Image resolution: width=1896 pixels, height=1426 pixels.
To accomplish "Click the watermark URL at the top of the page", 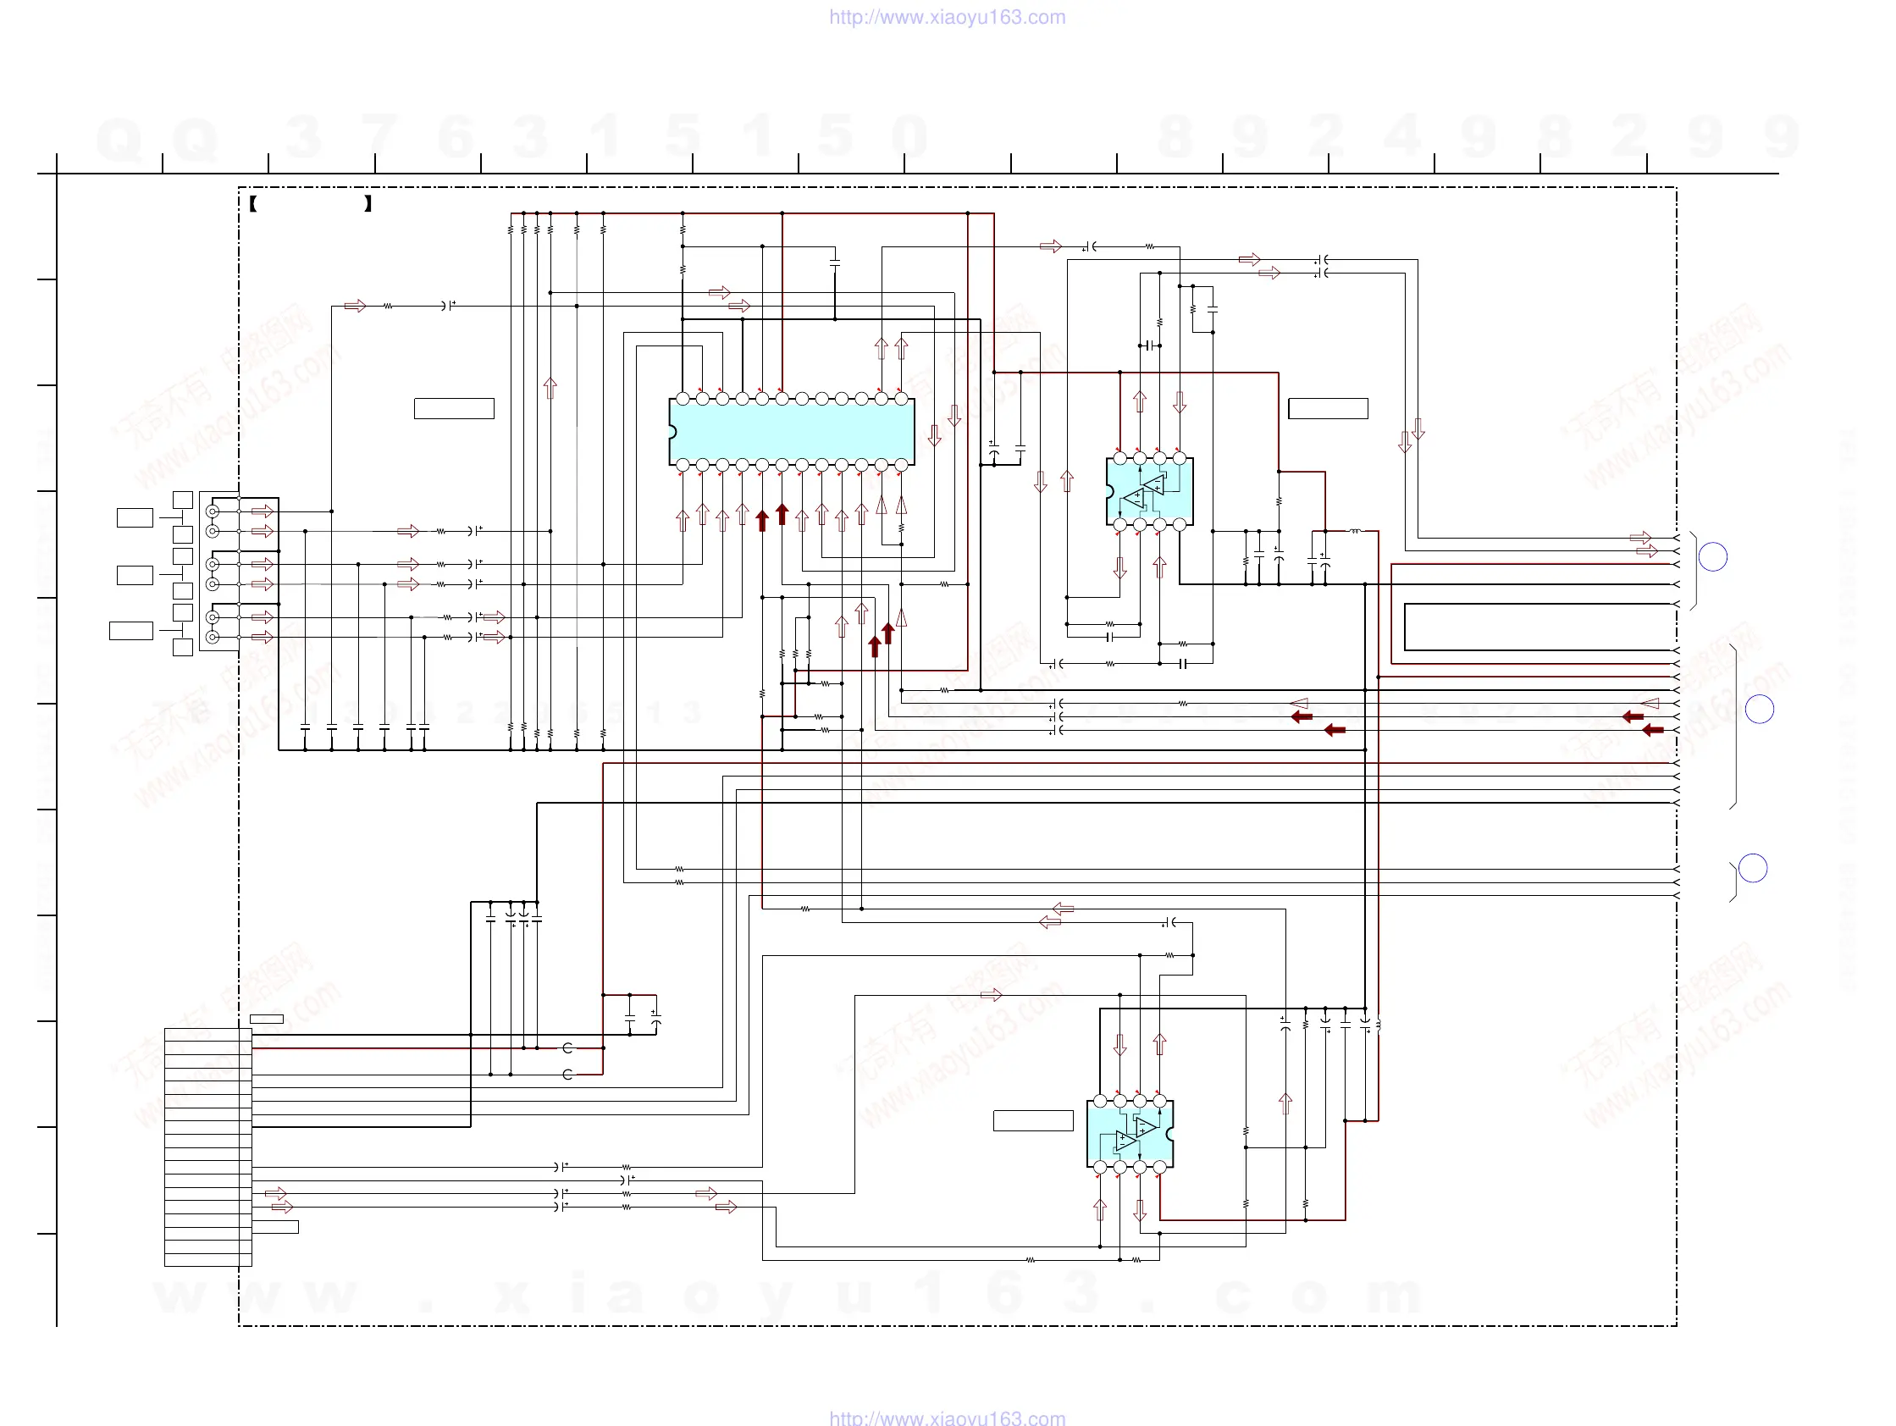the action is pyautogui.click(x=947, y=17).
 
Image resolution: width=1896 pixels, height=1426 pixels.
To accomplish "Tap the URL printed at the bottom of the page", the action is pyautogui.click(x=947, y=1418).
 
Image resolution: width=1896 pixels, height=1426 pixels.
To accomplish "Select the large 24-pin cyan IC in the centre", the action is pyautogui.click(x=792, y=432).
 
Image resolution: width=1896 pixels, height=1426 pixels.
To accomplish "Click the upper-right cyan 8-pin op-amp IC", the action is pyautogui.click(x=1149, y=492).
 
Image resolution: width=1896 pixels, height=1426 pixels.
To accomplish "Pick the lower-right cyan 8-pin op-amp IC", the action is pyautogui.click(x=1130, y=1134).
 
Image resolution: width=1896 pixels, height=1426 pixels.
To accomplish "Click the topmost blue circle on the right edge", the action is pyautogui.click(x=1712, y=557).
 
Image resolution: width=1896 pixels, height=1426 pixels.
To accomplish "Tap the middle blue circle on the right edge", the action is pyautogui.click(x=1759, y=709).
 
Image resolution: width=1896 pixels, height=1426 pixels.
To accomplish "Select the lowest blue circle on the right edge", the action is pyautogui.click(x=1753, y=868).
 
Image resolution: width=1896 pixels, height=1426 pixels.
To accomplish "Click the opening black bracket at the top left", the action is pyautogui.click(x=254, y=204).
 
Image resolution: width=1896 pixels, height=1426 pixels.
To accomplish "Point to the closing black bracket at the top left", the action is pyautogui.click(x=368, y=204).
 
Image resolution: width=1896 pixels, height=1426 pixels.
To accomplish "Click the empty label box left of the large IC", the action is pyautogui.click(x=453, y=409).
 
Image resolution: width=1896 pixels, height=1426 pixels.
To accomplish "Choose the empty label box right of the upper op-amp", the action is pyautogui.click(x=1328, y=409).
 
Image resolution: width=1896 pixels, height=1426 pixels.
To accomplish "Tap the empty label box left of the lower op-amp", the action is pyautogui.click(x=1033, y=1120).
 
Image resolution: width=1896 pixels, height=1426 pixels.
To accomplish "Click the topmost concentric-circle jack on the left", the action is pyautogui.click(x=213, y=511).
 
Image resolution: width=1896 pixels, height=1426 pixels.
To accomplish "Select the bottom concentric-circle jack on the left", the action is pyautogui.click(x=213, y=637).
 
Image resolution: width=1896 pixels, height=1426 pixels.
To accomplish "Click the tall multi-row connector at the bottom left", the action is pyautogui.click(x=207, y=1147).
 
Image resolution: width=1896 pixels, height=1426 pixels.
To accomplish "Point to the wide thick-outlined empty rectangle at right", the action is pyautogui.click(x=1540, y=627).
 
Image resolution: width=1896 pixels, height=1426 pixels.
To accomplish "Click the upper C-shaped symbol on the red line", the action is pyautogui.click(x=567, y=1048).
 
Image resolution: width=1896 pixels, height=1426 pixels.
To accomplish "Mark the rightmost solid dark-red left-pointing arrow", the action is pyautogui.click(x=1653, y=730).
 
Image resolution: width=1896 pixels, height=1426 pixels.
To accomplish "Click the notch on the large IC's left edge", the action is pyautogui.click(x=672, y=432).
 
